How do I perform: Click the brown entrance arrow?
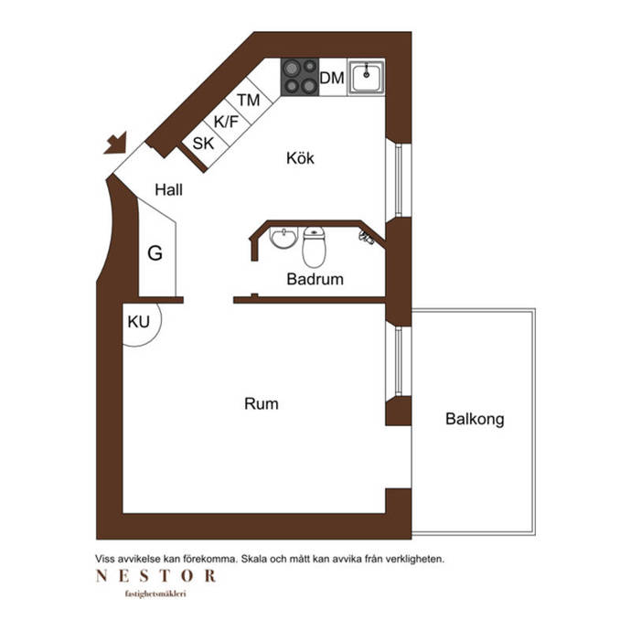click(x=116, y=144)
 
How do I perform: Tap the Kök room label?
click(x=300, y=157)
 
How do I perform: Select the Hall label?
click(x=168, y=189)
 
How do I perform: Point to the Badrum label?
click(x=315, y=279)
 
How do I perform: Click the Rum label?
click(x=262, y=403)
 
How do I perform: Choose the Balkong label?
click(x=475, y=419)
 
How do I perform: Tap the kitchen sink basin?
click(x=366, y=77)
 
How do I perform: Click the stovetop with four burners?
click(x=300, y=77)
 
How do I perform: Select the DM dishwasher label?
click(x=332, y=78)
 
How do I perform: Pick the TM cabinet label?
click(x=249, y=101)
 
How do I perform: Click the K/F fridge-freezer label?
click(x=226, y=122)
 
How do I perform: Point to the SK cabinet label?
click(x=203, y=144)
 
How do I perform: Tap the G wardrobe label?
click(x=155, y=253)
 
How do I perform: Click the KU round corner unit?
click(x=142, y=325)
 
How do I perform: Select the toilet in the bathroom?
click(x=314, y=247)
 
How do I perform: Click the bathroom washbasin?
click(x=283, y=238)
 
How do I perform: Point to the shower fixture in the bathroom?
click(x=367, y=237)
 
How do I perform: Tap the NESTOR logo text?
click(x=156, y=576)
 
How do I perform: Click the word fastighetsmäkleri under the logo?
click(x=155, y=594)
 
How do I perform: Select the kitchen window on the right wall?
click(x=398, y=180)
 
